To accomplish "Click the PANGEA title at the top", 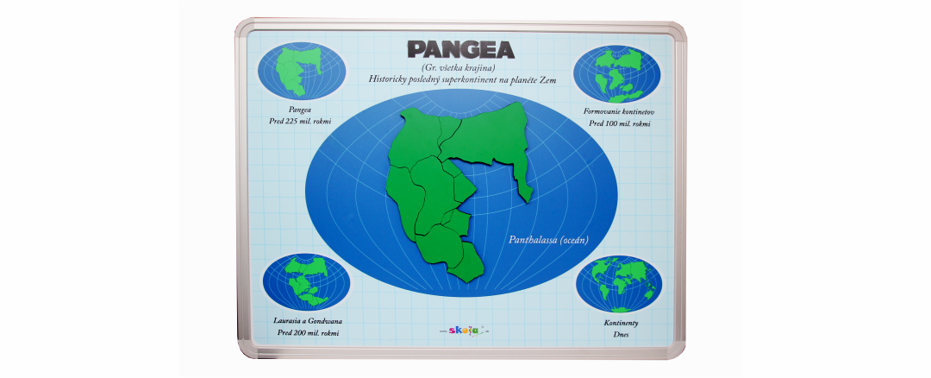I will [461, 48].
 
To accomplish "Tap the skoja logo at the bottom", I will [464, 329].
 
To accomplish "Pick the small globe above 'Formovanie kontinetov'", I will [617, 73].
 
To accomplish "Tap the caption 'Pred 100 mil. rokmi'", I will [619, 123].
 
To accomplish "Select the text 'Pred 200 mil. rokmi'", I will [308, 332].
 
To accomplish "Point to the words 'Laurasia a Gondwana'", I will [308, 320].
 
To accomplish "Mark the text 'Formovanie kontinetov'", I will [619, 111].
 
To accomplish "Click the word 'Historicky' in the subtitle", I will [389, 79].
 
